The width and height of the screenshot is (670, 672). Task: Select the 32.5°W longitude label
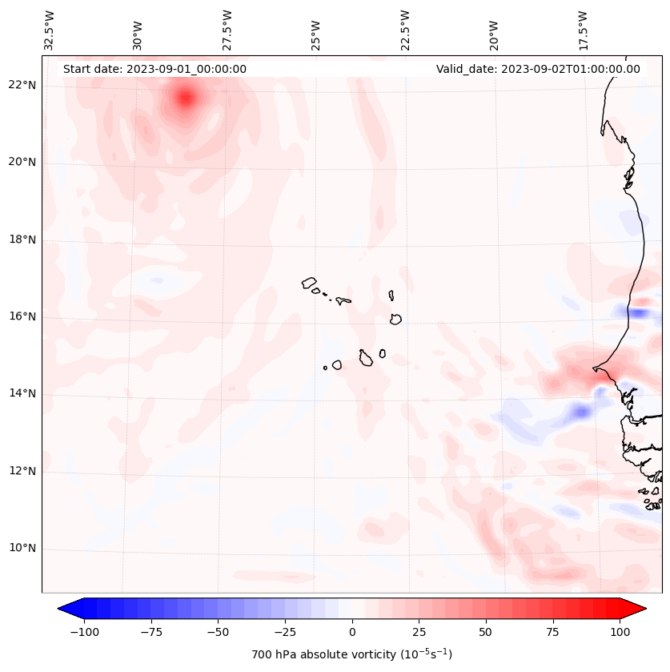[x=50, y=29]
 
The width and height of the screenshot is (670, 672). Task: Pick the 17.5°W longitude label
[x=582, y=29]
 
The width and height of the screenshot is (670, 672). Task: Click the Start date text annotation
[x=154, y=69]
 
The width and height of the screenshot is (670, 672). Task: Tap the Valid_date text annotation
[x=538, y=69]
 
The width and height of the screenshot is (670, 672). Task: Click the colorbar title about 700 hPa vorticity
[x=351, y=654]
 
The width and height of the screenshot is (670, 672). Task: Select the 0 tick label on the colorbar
[x=352, y=632]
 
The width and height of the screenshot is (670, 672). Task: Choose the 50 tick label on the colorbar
[x=486, y=632]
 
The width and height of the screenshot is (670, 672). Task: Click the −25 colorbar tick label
[x=285, y=632]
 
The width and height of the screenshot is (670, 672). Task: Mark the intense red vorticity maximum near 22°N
[x=186, y=99]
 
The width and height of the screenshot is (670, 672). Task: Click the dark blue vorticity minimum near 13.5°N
[x=580, y=412]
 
